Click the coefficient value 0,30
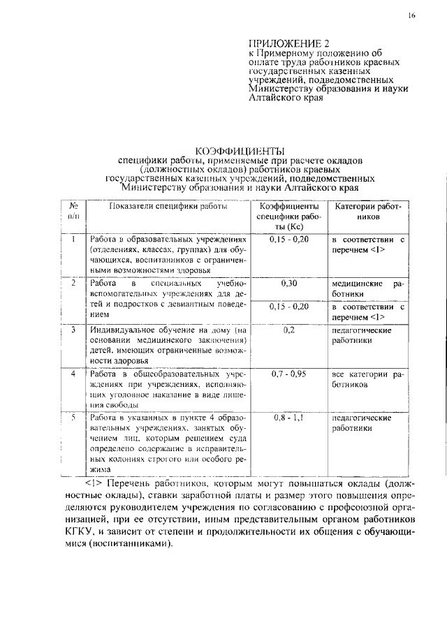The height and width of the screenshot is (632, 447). [x=289, y=284]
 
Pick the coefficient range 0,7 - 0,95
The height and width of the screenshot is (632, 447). [x=289, y=374]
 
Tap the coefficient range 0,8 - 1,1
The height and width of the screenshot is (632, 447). [x=289, y=418]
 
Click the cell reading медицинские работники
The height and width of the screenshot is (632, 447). [x=367, y=289]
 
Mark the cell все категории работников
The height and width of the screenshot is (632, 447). [x=367, y=379]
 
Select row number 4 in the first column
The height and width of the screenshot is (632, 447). [x=73, y=374]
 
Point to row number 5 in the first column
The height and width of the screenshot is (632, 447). [x=73, y=418]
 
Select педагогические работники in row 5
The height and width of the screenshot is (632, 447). [x=362, y=422]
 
